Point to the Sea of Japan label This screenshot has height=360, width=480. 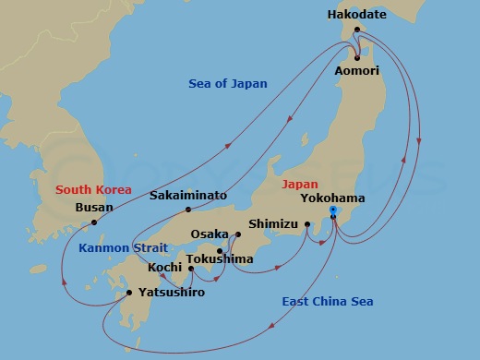(x=228, y=84)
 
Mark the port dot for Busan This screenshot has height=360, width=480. (x=94, y=222)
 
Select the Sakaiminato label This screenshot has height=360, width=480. (x=188, y=195)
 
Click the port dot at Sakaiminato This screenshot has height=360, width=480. (x=188, y=210)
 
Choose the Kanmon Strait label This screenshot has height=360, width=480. (x=123, y=248)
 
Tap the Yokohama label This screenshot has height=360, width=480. (x=332, y=198)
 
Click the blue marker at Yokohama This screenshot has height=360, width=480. (x=333, y=212)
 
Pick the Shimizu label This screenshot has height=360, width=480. (x=274, y=223)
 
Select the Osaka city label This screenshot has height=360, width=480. (x=209, y=234)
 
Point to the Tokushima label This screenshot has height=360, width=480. (x=219, y=259)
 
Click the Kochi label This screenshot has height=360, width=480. (x=164, y=268)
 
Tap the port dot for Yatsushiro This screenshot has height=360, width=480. (x=128, y=293)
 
